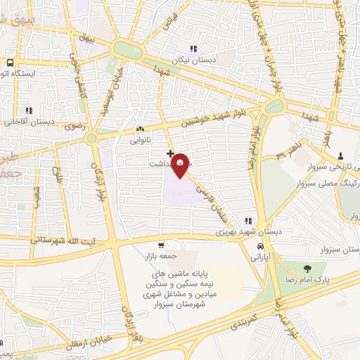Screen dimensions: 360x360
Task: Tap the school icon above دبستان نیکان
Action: click(193, 48)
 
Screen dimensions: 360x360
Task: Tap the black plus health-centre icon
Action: click(170, 152)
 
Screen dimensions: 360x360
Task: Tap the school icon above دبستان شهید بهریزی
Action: click(247, 220)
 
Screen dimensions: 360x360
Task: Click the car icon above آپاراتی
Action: click(261, 247)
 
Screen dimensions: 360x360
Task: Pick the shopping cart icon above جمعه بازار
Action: click(162, 245)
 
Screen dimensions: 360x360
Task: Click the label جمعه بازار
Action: click(162, 257)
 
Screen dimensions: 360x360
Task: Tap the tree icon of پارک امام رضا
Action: click(307, 268)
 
